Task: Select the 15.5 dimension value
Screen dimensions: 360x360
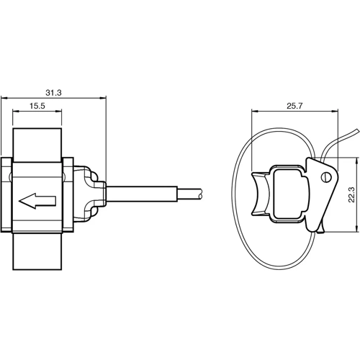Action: pyautogui.click(x=38, y=106)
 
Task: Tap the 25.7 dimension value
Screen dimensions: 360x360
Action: pyautogui.click(x=294, y=106)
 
